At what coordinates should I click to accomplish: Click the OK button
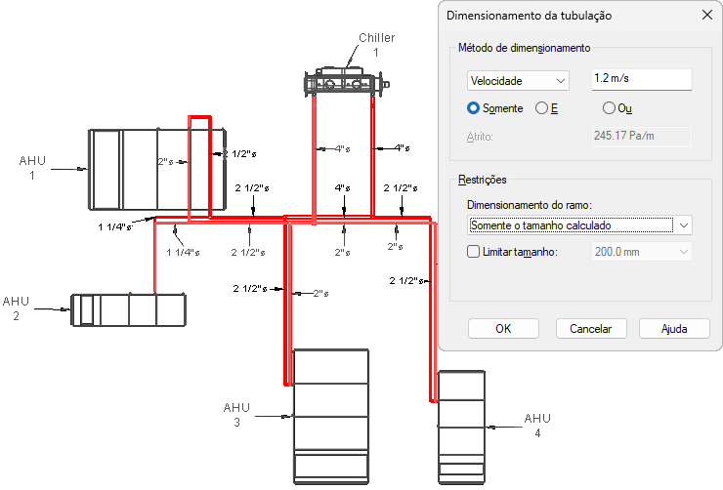(x=503, y=328)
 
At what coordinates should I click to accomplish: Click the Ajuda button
(x=674, y=328)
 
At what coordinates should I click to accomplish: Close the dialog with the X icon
(x=706, y=15)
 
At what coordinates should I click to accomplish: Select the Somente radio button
(x=474, y=108)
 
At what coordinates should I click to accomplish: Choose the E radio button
(x=542, y=108)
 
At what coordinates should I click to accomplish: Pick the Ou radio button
(x=610, y=108)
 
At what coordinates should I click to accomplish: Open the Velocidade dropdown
(x=518, y=81)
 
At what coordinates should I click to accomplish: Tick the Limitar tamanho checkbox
(x=474, y=252)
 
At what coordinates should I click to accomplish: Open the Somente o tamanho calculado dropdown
(x=579, y=225)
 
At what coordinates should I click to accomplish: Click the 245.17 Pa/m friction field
(x=641, y=137)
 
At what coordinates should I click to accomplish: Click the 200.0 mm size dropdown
(x=641, y=252)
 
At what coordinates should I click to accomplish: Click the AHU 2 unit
(x=128, y=309)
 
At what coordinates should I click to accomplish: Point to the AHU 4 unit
(x=460, y=426)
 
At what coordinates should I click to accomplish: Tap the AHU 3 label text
(x=236, y=415)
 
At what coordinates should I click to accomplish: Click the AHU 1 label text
(x=32, y=167)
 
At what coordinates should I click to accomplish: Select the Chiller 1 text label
(x=376, y=45)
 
